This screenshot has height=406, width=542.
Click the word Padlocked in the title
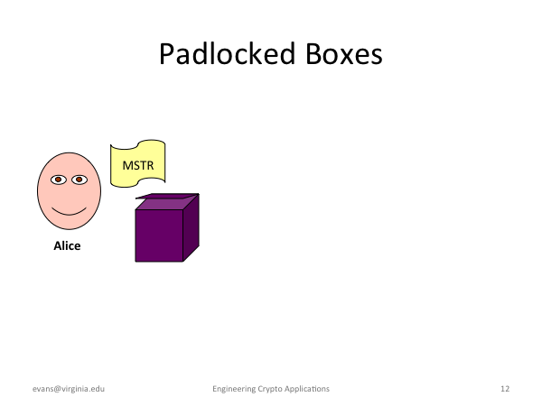(x=227, y=54)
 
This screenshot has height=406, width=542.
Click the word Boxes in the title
(x=344, y=54)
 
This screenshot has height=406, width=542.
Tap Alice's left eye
(x=59, y=180)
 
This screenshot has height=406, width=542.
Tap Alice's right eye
(x=79, y=180)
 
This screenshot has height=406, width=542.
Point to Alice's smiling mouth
(x=70, y=212)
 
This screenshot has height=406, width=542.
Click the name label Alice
(x=67, y=245)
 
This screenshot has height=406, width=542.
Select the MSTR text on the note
(x=138, y=166)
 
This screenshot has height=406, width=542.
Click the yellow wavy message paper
(x=138, y=163)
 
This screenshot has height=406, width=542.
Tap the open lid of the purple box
(x=167, y=196)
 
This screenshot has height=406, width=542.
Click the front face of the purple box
(x=159, y=235)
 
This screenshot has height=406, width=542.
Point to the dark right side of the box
(x=192, y=228)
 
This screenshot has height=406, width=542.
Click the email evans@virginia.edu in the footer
(x=69, y=389)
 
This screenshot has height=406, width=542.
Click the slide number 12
(x=505, y=389)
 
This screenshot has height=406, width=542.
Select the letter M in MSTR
(x=127, y=166)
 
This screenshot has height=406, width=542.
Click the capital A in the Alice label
(x=58, y=245)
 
